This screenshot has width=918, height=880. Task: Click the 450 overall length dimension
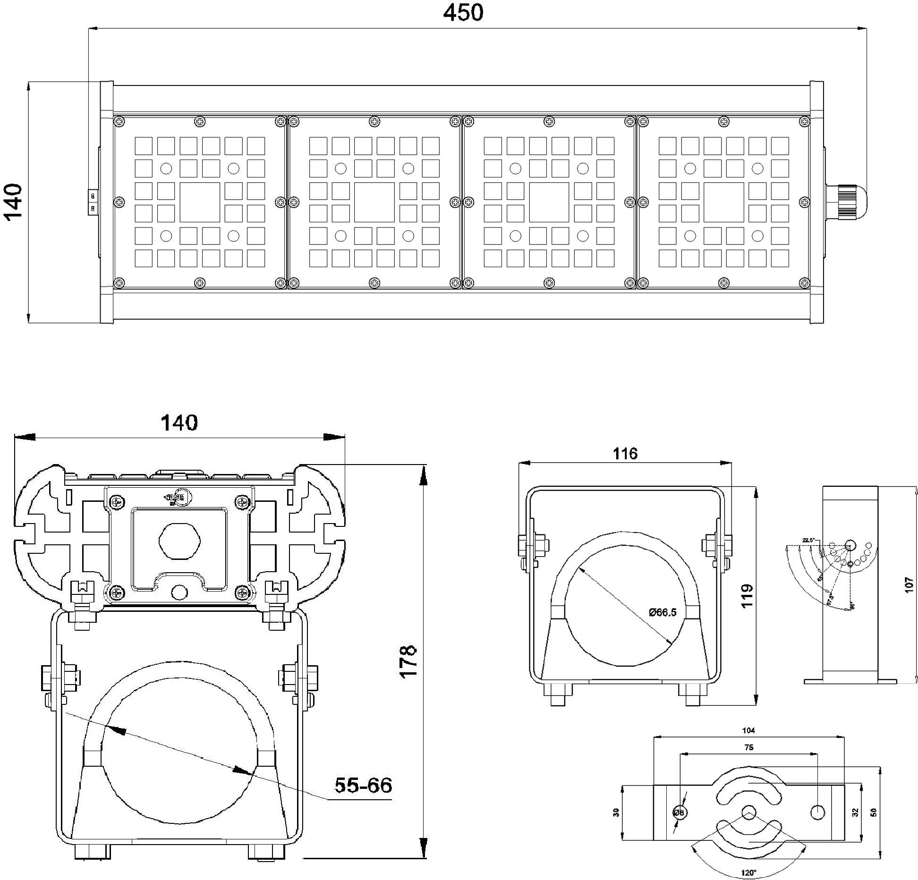[x=463, y=13]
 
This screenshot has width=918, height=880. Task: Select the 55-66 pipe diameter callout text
[x=363, y=786]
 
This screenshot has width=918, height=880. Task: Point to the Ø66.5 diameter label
[x=663, y=612]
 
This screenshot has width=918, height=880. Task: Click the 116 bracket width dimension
[x=625, y=454]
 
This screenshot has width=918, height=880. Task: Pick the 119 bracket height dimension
[x=747, y=596]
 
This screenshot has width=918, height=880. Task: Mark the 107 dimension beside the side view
[x=909, y=586]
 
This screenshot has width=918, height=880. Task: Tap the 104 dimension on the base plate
[x=748, y=730]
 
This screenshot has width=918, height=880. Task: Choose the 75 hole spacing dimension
[x=748, y=747]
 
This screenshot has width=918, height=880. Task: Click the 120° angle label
[x=748, y=873]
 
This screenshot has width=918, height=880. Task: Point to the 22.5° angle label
[x=808, y=540]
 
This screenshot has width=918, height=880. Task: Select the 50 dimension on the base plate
[x=874, y=812]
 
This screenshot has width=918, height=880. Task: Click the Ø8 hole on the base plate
[x=680, y=812]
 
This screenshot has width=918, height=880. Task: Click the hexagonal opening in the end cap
[x=179, y=541]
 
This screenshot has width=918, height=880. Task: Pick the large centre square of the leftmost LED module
[x=200, y=202]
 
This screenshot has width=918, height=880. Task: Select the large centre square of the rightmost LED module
[x=723, y=202]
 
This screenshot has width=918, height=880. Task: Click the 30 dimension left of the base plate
[x=616, y=812]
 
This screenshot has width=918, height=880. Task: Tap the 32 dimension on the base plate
[x=855, y=812]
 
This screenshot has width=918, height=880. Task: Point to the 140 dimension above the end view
[x=179, y=423]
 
